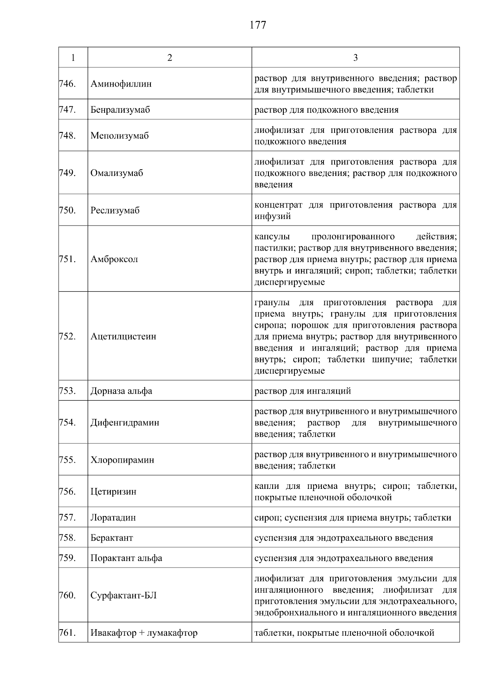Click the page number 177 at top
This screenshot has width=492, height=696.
[258, 25]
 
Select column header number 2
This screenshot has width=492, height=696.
[170, 58]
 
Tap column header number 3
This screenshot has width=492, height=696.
[355, 58]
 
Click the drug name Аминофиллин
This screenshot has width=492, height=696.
[121, 84]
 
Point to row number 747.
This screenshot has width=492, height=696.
[67, 110]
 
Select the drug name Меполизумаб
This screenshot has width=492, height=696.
[119, 136]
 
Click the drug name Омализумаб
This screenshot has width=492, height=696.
[116, 173]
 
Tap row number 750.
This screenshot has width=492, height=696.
[67, 210]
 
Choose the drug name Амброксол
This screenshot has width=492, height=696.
[114, 259]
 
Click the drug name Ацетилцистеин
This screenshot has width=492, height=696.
[123, 336]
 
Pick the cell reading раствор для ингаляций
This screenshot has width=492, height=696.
[303, 391]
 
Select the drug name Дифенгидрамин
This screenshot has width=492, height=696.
[125, 422]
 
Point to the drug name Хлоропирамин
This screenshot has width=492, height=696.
[122, 460]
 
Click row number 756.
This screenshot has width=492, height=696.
[67, 491]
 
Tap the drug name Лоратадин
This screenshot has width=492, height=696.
[113, 518]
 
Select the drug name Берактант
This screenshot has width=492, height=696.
[112, 538]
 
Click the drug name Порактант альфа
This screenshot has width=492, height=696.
[126, 558]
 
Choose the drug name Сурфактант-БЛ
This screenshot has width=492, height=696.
[123, 596]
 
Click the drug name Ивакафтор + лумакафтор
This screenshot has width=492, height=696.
[144, 633]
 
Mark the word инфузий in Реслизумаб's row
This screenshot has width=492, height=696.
[273, 216]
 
